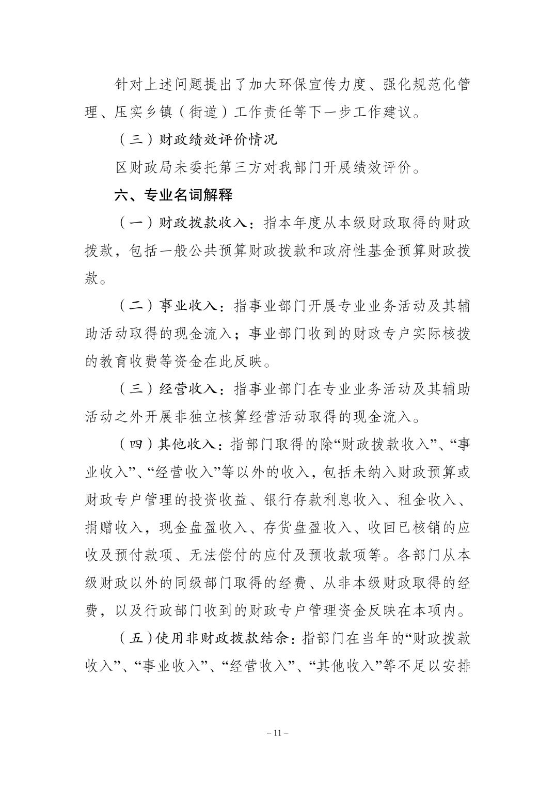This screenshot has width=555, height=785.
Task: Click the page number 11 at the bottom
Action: point(277,732)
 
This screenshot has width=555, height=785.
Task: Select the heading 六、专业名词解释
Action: point(173,195)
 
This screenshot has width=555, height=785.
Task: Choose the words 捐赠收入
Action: point(115,528)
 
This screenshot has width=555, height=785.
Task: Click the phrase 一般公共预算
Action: point(189,250)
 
